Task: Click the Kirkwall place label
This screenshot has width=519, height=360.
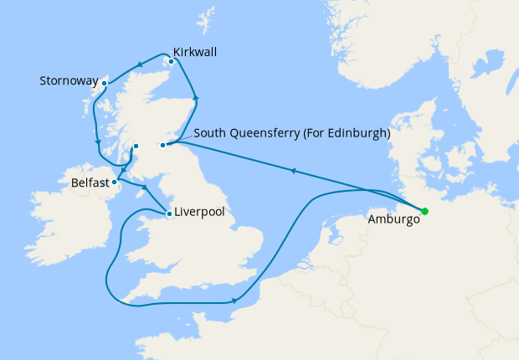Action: click(195, 52)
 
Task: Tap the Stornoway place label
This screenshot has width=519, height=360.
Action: click(69, 81)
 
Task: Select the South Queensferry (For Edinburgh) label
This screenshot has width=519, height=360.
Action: click(291, 132)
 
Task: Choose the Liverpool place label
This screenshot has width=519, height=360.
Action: click(199, 213)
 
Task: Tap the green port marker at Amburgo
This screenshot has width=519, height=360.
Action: click(424, 211)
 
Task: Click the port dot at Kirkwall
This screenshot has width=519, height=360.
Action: click(171, 60)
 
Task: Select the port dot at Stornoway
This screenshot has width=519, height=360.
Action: click(105, 83)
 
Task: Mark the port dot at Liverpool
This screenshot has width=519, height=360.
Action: click(170, 213)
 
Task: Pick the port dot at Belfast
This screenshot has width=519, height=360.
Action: click(115, 182)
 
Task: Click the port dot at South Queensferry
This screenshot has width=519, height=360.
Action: click(163, 146)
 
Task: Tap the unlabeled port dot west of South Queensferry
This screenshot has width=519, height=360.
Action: click(136, 147)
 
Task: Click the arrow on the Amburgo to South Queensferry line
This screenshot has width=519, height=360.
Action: click(293, 171)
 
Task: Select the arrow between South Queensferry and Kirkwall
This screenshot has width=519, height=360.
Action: click(197, 100)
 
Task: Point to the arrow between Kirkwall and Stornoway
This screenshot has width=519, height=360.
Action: click(138, 66)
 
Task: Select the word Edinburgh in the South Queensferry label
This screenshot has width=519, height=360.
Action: click(361, 132)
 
